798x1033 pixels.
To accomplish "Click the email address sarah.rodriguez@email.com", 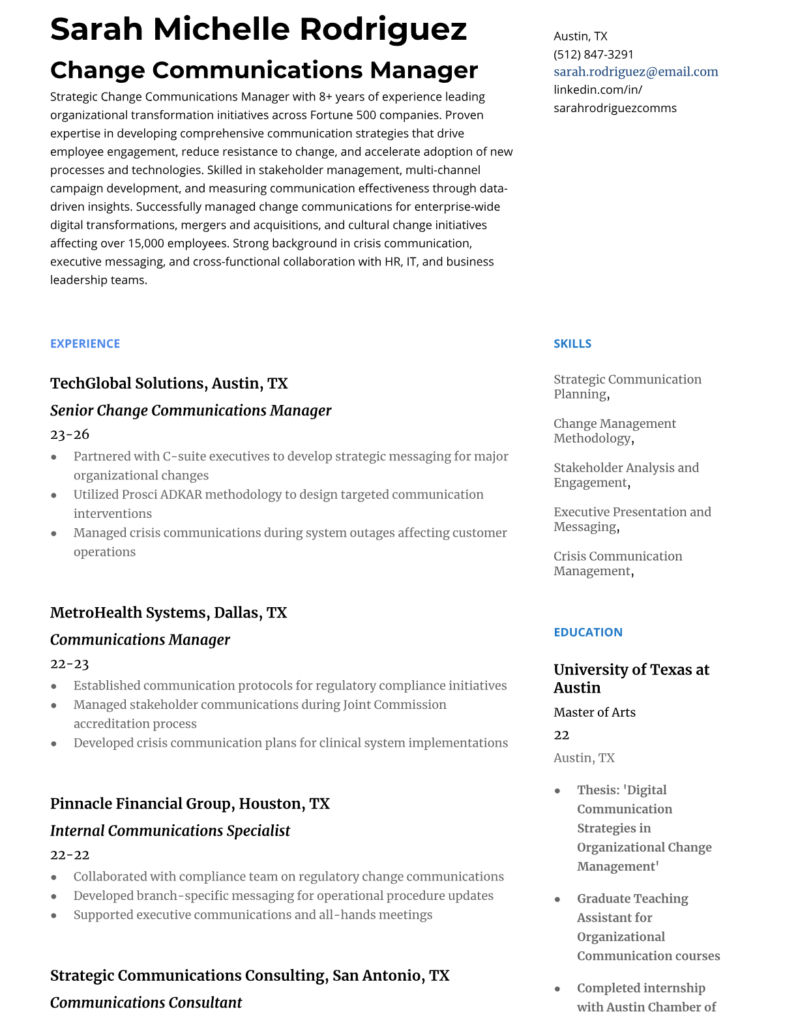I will [636, 72].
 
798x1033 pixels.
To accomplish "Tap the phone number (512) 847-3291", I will [593, 54].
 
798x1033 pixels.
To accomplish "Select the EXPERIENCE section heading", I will [85, 344].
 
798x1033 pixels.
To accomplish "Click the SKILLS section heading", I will [572, 344].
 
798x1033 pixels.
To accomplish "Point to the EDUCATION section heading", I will [587, 632].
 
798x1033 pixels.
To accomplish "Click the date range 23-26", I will [70, 434].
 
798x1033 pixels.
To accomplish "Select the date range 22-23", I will [70, 664].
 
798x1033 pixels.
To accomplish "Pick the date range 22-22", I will [70, 855].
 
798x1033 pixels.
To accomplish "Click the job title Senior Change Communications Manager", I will [190, 410].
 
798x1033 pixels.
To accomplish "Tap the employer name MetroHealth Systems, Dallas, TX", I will [168, 612].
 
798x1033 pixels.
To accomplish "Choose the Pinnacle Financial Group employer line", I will [190, 803].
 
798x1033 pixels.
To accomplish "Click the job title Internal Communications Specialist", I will [170, 831].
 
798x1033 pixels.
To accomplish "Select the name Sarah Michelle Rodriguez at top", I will [258, 29].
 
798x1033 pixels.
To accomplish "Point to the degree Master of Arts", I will [594, 712].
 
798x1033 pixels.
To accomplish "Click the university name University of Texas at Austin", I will [630, 678].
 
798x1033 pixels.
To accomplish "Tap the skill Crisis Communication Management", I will [617, 563].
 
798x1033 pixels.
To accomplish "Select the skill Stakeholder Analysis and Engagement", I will [625, 475].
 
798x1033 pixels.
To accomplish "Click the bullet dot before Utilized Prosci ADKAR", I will [54, 496].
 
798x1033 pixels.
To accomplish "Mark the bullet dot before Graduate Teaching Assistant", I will [557, 899].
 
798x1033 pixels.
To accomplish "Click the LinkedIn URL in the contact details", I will [614, 98].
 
